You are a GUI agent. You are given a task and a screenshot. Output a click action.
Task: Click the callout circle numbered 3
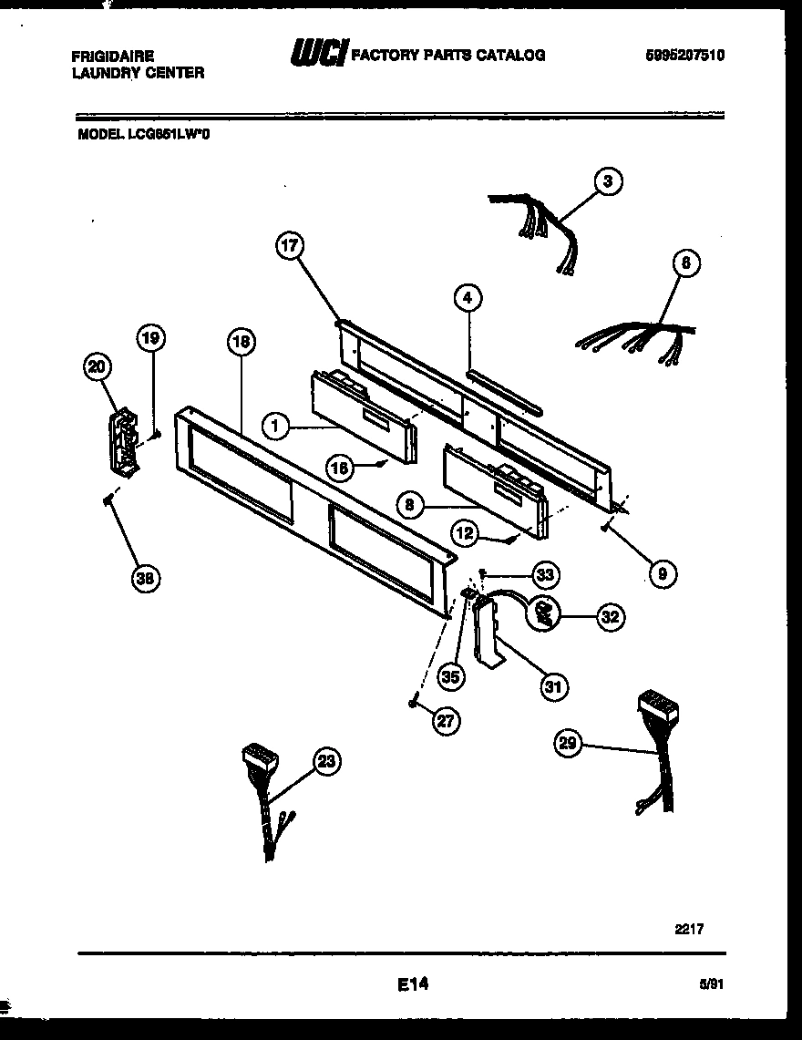[607, 181]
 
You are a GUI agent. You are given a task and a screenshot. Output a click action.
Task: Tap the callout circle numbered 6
[685, 264]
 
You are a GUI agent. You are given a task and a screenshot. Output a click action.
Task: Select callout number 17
[291, 245]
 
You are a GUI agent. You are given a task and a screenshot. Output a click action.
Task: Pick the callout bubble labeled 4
[468, 298]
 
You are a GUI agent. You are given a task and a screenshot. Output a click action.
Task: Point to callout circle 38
[144, 577]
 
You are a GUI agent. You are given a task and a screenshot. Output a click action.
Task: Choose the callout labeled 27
[444, 721]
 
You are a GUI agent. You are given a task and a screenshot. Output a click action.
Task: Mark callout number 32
[610, 617]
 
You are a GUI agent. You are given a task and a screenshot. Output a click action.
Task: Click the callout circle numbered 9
[662, 573]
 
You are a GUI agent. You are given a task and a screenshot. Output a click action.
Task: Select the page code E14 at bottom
[412, 983]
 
